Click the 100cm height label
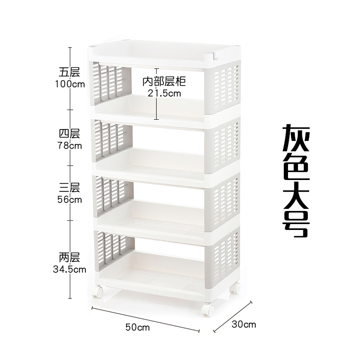click(69, 84)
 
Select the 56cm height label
click(69, 200)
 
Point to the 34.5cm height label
click(69, 270)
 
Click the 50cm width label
click(137, 327)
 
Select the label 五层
click(69, 72)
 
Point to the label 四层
click(69, 134)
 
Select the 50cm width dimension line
click(145, 319)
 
